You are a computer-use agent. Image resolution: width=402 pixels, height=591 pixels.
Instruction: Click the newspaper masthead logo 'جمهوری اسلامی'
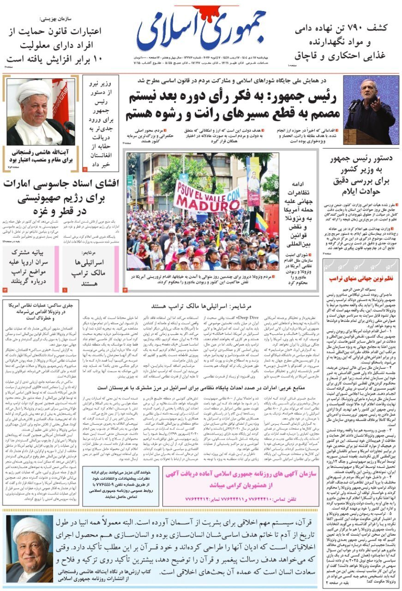[202, 31]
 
